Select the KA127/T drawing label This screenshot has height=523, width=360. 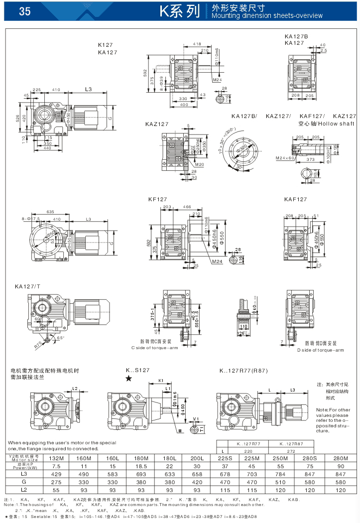27,286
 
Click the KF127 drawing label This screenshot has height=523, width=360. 157,199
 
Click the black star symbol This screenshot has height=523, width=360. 128,379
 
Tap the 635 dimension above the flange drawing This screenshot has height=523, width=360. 50,212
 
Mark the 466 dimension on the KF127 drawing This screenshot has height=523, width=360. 187,207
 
